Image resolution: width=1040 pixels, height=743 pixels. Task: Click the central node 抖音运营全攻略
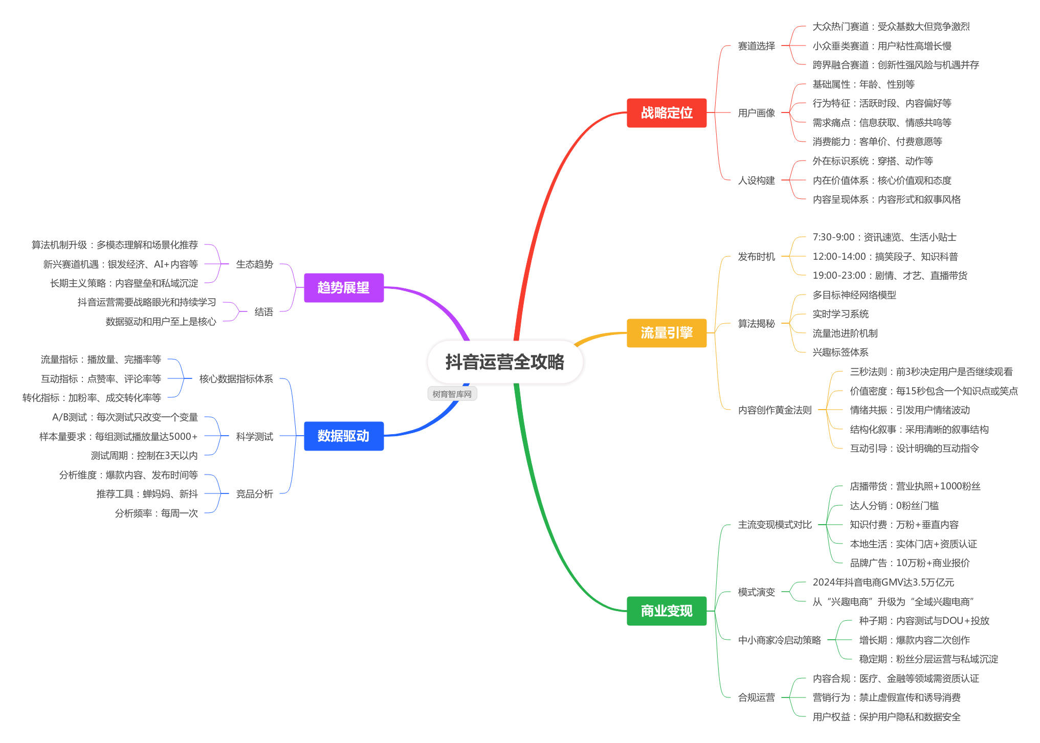tap(505, 362)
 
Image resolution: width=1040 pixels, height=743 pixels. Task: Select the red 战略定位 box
tap(667, 113)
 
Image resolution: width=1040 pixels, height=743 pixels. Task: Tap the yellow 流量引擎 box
tap(667, 333)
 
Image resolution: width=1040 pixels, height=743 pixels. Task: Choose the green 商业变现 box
tap(667, 611)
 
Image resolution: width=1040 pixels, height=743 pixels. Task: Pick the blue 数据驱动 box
tap(343, 436)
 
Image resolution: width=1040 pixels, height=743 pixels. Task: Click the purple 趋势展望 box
tap(343, 287)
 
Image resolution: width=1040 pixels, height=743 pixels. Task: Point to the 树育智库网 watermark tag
tap(452, 394)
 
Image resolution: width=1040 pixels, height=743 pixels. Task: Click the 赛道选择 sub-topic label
tap(756, 46)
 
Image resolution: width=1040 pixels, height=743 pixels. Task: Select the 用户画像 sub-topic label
tap(756, 113)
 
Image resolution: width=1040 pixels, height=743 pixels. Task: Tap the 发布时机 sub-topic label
tap(756, 257)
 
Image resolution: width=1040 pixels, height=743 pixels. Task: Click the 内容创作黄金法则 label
tap(775, 410)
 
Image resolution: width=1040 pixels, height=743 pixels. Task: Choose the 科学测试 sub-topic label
tap(254, 436)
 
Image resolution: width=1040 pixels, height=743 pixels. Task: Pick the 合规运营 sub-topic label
tap(756, 697)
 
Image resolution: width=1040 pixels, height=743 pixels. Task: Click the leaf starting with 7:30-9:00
tap(884, 237)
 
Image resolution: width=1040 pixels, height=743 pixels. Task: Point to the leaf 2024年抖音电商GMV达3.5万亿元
tap(883, 582)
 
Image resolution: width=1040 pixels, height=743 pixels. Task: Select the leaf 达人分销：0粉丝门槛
tap(894, 506)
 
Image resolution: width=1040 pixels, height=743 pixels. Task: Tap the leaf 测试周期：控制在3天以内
tap(144, 456)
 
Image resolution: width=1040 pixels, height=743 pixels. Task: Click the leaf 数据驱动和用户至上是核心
tap(161, 322)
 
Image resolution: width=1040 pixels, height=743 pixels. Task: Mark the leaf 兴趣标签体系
tap(840, 352)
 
